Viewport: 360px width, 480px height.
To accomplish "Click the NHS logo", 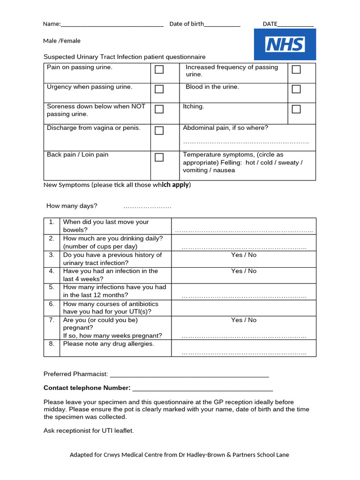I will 285,45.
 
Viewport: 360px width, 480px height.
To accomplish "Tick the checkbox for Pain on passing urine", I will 159,69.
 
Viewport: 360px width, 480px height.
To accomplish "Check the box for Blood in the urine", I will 296,89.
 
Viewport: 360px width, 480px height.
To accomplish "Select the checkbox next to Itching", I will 296,109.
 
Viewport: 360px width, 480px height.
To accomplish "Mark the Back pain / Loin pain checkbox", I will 159,157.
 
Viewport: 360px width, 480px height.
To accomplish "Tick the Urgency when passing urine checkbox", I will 159,89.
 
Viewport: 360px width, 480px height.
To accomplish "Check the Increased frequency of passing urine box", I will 296,69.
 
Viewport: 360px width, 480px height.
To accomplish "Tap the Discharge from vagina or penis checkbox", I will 159,130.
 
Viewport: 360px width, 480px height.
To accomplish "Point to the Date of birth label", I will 187,24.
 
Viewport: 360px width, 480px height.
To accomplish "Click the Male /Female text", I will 62,41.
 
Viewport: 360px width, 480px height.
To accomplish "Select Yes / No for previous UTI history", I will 244,255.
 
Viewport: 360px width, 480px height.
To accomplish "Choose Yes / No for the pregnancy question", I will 244,320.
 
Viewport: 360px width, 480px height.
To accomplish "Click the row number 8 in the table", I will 52,344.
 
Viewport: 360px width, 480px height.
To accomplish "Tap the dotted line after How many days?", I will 147,207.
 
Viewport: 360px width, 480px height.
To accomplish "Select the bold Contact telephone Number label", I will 87,388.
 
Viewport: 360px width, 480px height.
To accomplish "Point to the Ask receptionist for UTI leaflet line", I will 89,431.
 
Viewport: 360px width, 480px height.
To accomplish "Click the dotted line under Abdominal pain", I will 246,142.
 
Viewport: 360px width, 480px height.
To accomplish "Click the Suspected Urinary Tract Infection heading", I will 124,57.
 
